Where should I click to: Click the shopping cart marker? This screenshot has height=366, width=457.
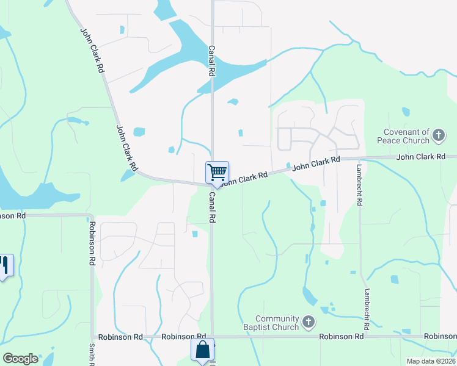tap(217, 173)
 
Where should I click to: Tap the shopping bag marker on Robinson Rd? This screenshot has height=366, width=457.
tap(203, 351)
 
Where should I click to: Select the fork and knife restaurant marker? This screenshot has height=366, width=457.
tap(4, 265)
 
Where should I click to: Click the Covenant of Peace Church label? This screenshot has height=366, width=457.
tap(407, 136)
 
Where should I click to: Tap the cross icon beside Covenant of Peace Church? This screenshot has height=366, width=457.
tap(439, 135)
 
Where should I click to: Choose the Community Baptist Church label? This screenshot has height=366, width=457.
tap(277, 322)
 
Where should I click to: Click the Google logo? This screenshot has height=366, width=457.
tap(20, 359)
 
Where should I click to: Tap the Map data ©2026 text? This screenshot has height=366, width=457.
tap(431, 361)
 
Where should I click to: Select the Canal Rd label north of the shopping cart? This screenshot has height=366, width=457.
tap(212, 60)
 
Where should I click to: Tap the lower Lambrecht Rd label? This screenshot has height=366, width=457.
tap(368, 310)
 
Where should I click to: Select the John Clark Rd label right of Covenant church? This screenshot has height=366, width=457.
tap(421, 157)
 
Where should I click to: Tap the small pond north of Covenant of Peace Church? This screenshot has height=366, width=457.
tap(406, 112)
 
